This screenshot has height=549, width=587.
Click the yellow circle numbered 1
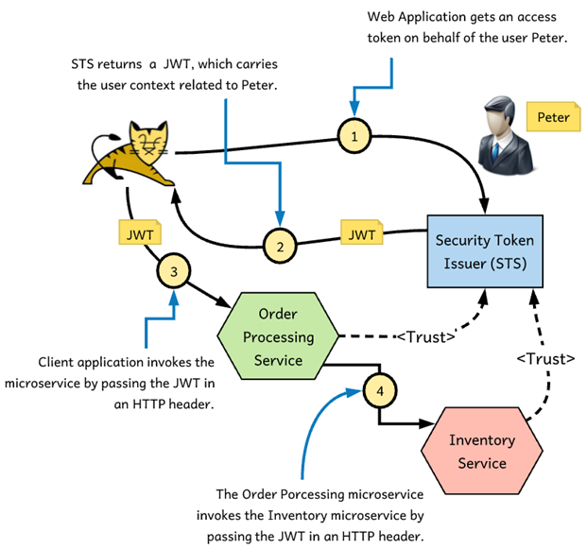tap(354, 137)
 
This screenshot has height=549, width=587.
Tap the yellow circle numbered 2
tap(281, 247)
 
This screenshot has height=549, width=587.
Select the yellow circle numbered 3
tap(173, 272)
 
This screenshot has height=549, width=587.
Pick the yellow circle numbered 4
tap(376, 387)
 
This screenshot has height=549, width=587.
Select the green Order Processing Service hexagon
tap(279, 335)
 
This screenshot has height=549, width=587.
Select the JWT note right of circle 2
tap(361, 233)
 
